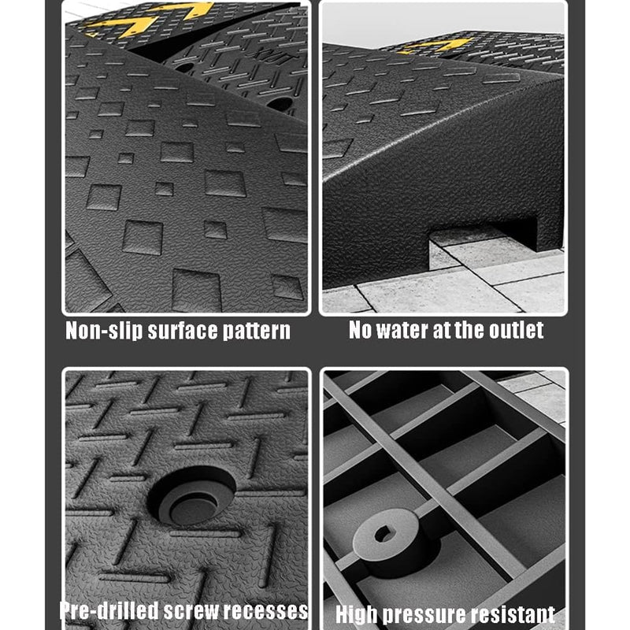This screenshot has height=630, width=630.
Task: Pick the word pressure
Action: click(424, 614)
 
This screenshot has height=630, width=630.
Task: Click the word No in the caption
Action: click(361, 330)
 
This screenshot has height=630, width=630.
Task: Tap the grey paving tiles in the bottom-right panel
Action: click(543, 394)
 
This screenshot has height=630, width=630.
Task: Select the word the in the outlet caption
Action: click(469, 330)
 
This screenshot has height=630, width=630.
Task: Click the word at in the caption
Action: click(443, 330)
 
